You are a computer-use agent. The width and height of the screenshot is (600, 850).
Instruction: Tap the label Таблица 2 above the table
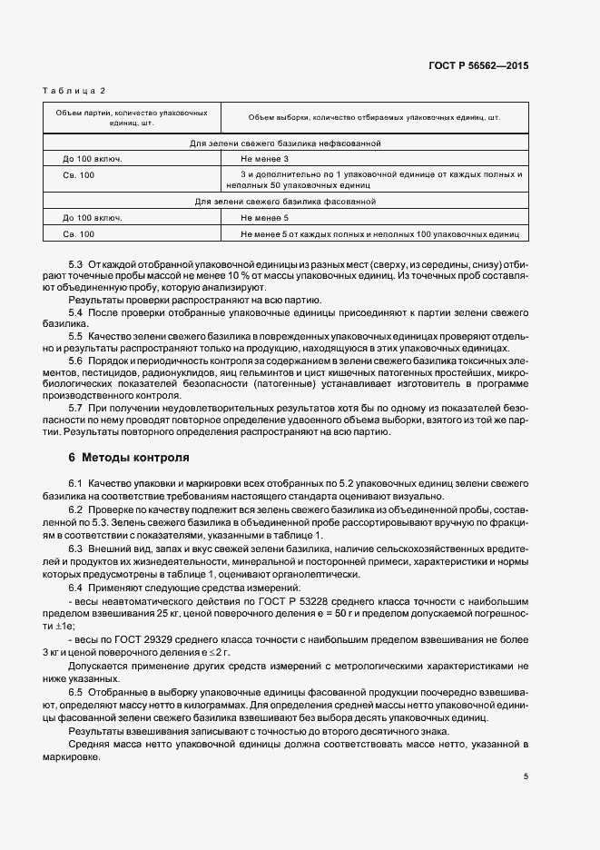click(x=74, y=91)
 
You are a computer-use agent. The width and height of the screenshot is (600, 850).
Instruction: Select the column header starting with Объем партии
click(x=133, y=117)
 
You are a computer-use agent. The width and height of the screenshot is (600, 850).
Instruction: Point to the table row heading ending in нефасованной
click(x=284, y=143)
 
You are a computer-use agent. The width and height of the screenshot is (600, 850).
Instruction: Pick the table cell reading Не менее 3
click(x=263, y=158)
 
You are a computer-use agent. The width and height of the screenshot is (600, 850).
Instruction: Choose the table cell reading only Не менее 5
click(x=263, y=218)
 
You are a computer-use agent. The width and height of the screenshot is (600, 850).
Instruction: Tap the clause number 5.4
click(x=76, y=311)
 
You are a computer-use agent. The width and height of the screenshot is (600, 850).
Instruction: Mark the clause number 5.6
click(x=76, y=361)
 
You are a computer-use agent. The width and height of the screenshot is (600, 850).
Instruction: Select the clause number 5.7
click(x=76, y=408)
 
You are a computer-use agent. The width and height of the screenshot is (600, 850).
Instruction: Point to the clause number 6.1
click(x=76, y=481)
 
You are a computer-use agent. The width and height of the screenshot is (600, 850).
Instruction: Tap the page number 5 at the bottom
click(x=525, y=776)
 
